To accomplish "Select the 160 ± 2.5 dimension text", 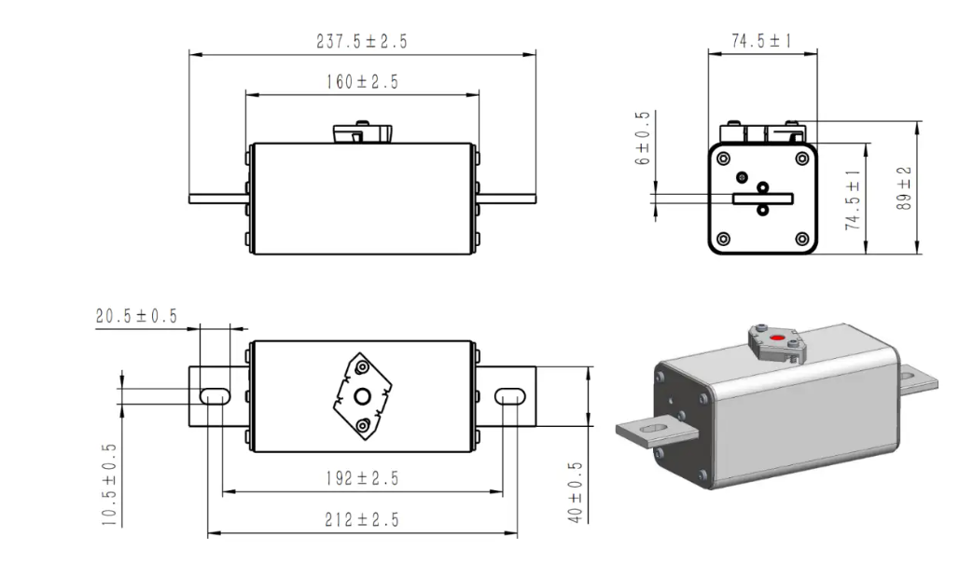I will coord(362,82).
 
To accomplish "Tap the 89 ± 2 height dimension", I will coord(903,188).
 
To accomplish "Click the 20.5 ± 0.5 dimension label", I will coord(136,316).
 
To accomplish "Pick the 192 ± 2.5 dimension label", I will coord(362,478).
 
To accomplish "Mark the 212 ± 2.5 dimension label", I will coord(362,520).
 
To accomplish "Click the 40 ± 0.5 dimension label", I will coord(576,491).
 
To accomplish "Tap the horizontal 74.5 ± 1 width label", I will coord(762,42).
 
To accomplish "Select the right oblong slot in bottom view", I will coord(509,396).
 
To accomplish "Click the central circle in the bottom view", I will coord(362,397).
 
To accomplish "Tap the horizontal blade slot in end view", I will coord(762,198).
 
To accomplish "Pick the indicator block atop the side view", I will coord(362,133).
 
